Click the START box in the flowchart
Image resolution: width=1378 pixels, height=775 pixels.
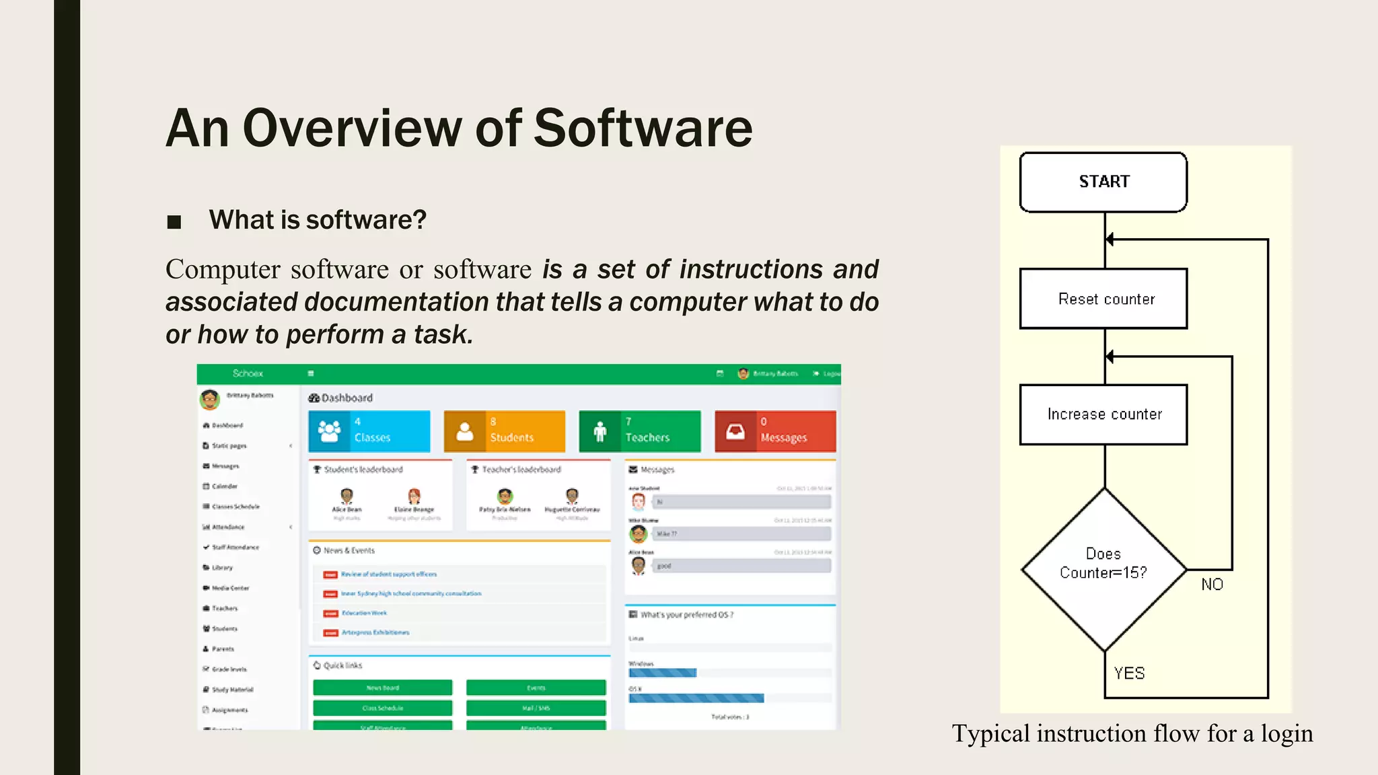tap(1103, 182)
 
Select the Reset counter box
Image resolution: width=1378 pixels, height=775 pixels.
tap(1103, 299)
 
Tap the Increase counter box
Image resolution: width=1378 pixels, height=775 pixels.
tap(1103, 414)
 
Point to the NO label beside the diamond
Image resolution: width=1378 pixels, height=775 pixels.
tap(1212, 585)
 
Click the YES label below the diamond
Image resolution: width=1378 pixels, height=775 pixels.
tap(1129, 673)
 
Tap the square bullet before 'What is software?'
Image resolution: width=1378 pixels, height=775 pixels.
tap(174, 221)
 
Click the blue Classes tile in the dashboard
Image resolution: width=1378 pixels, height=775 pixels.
tap(369, 431)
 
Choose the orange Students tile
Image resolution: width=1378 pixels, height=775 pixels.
tap(504, 431)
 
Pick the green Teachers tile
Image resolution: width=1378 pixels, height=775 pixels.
tap(639, 431)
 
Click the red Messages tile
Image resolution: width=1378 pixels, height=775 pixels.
tap(775, 431)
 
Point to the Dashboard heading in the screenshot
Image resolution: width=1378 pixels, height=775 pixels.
tap(347, 398)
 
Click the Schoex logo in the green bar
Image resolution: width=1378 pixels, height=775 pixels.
tap(248, 373)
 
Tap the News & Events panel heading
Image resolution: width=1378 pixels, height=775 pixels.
tap(349, 550)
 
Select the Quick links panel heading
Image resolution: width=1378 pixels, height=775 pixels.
tap(342, 665)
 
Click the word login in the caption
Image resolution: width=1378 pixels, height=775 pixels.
tap(1286, 733)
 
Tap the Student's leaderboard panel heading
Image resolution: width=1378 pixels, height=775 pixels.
tap(363, 470)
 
